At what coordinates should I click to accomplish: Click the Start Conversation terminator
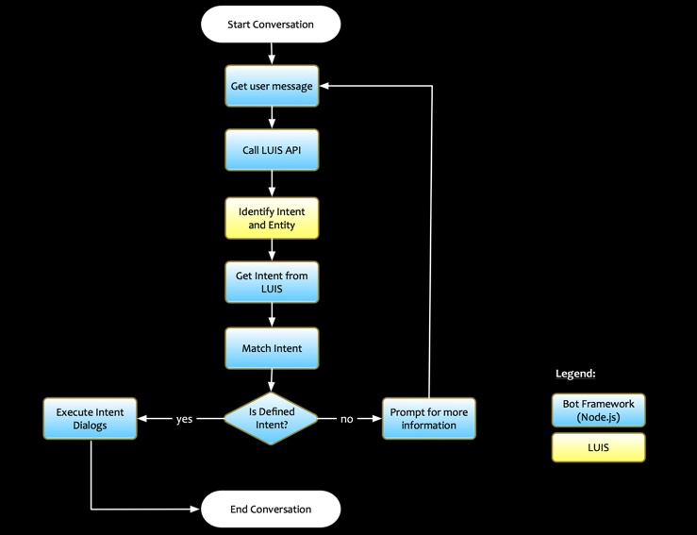271,24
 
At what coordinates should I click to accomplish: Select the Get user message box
272,86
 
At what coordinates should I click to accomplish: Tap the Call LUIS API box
272,150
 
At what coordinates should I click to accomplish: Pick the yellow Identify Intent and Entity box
272,217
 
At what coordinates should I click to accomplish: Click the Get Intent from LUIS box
272,282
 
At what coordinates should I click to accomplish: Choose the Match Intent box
272,348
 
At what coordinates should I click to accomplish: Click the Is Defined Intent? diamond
272,418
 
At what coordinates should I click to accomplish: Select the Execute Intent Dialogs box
91,418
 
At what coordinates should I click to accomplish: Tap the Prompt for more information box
429,418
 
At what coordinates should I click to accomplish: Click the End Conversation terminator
271,510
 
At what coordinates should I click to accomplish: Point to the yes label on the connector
185,419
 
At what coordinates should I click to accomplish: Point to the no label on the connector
346,419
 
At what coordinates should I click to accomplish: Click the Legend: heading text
574,374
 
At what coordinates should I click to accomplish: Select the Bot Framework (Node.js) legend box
598,410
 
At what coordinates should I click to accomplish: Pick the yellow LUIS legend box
598,447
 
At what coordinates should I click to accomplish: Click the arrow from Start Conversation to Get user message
272,54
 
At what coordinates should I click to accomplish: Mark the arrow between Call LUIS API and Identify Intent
272,184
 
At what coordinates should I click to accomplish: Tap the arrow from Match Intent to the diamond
272,380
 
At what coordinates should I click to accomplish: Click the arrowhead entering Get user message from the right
324,86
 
